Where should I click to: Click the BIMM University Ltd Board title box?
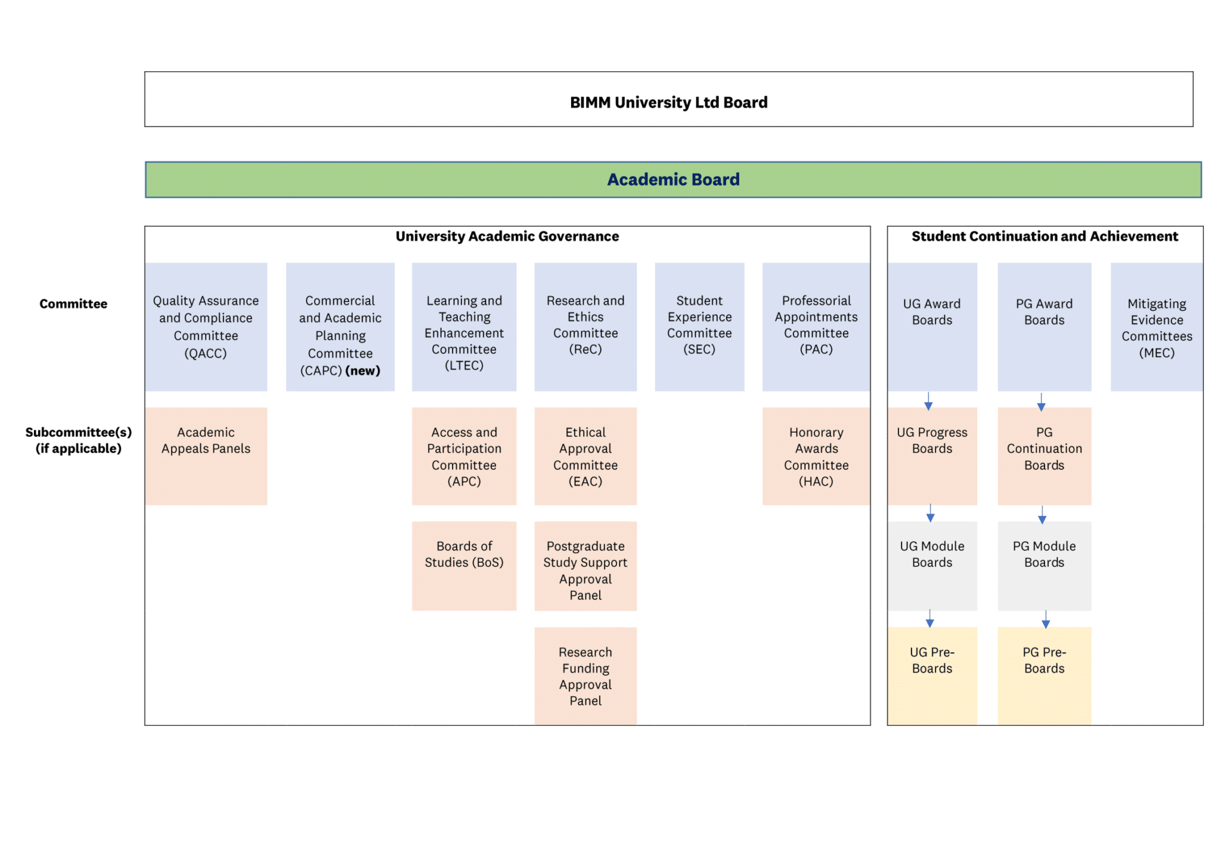[668, 100]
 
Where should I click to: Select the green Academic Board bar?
[673, 180]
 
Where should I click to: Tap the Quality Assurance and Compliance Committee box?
[206, 327]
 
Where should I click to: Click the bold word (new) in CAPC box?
[362, 371]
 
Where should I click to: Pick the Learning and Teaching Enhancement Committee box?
[464, 327]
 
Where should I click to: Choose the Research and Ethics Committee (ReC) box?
[585, 327]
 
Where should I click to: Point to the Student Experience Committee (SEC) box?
[699, 327]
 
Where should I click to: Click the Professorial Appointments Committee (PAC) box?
[816, 327]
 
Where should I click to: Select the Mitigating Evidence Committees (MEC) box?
[1156, 327]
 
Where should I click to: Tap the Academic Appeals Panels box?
[206, 456]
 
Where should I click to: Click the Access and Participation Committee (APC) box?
[464, 456]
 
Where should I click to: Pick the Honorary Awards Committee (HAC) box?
[816, 456]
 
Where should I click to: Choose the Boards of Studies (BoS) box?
[464, 566]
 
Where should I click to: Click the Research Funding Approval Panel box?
[585, 675]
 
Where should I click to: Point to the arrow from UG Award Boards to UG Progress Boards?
[928, 401]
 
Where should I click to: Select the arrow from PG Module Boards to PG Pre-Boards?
[1045, 619]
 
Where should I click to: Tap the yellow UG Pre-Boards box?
[932, 675]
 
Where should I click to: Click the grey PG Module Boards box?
[1044, 566]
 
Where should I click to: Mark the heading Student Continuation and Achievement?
[1045, 236]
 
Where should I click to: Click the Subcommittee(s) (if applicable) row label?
[78, 440]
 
